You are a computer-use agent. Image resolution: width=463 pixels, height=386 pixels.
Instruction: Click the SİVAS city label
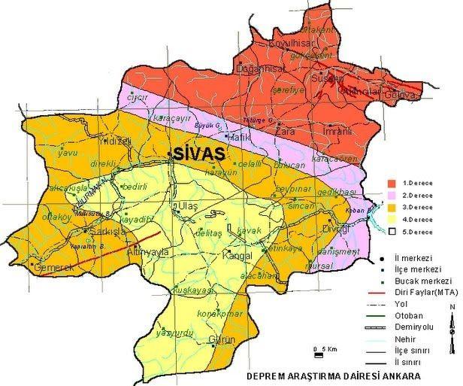point(199,153)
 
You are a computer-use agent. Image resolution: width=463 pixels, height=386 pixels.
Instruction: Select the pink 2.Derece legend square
point(392,195)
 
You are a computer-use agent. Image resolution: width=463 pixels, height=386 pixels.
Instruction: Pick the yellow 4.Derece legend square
point(392,218)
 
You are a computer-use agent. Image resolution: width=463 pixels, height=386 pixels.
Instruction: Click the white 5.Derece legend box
point(392,230)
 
